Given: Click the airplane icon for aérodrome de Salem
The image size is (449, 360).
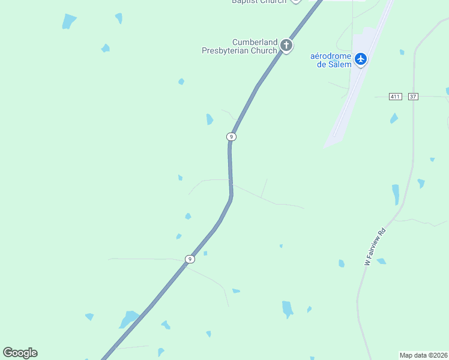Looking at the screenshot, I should pos(360,59).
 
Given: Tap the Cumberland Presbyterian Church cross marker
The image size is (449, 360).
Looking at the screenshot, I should pos(286,45).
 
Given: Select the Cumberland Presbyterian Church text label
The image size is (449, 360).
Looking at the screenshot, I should pos(240,46).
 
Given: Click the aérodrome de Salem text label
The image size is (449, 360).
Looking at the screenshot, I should pos(331,60).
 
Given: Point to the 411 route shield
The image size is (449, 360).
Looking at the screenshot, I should pos(394,97).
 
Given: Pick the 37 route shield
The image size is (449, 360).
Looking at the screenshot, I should pos(412,97).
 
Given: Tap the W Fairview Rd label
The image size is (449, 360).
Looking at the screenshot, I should pos(375,247).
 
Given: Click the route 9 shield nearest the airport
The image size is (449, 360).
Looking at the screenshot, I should pos(231,137).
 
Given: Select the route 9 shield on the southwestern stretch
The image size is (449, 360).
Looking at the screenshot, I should pos(190,259).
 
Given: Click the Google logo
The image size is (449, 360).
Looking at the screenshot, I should pos(20,353).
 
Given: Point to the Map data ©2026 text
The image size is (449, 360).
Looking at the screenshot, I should pos(423,355).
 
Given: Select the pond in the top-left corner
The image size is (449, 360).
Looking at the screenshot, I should pos(69,22).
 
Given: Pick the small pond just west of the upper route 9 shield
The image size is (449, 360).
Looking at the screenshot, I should pos(209,119).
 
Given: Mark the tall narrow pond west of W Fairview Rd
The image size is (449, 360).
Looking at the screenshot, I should pos(396,194).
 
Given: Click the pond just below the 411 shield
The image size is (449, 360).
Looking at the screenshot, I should pos(394,118).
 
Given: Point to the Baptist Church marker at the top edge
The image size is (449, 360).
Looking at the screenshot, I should pos(295,1).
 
